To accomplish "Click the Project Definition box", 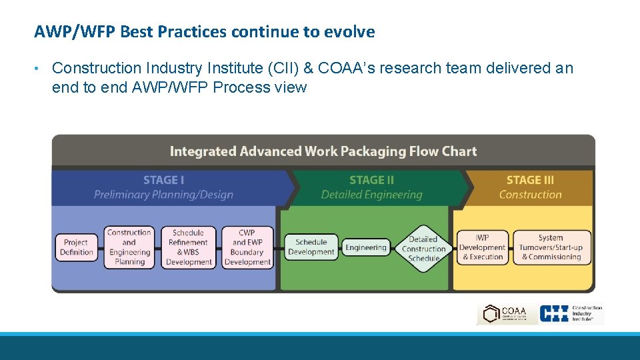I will (77, 247).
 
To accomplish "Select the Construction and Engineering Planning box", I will (129, 247).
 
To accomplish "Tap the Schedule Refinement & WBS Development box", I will (188, 247).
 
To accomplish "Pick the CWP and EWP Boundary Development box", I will (247, 247).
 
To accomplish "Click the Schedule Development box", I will (311, 247).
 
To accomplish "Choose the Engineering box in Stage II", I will (365, 248).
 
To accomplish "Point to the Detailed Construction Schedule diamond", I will (423, 248).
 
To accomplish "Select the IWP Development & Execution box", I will (482, 247).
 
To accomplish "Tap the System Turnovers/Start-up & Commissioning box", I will (551, 247).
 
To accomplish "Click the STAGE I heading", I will (163, 180).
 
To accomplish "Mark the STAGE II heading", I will (371, 180).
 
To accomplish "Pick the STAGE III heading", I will (530, 180).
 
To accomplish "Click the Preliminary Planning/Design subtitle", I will (163, 195).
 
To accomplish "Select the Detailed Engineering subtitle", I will (371, 195).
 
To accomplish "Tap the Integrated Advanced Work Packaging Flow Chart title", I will (323, 151).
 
